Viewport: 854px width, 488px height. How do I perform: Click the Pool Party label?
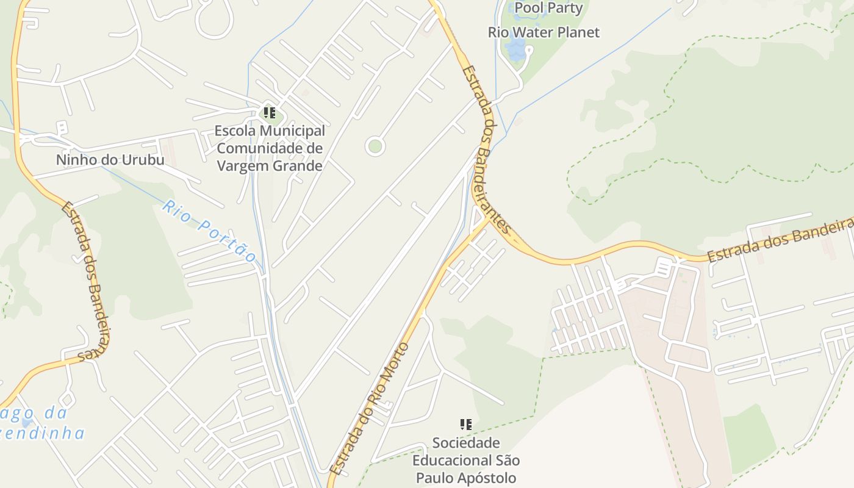point(548,8)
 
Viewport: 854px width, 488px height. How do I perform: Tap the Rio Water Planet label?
point(544,32)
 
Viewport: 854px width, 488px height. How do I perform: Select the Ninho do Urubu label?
point(110,160)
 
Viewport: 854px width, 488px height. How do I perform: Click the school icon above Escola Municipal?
point(269,113)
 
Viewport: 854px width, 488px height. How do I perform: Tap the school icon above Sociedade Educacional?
point(465,424)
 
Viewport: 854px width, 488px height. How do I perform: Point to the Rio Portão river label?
point(208,231)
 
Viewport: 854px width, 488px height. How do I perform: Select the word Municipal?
point(292,131)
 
